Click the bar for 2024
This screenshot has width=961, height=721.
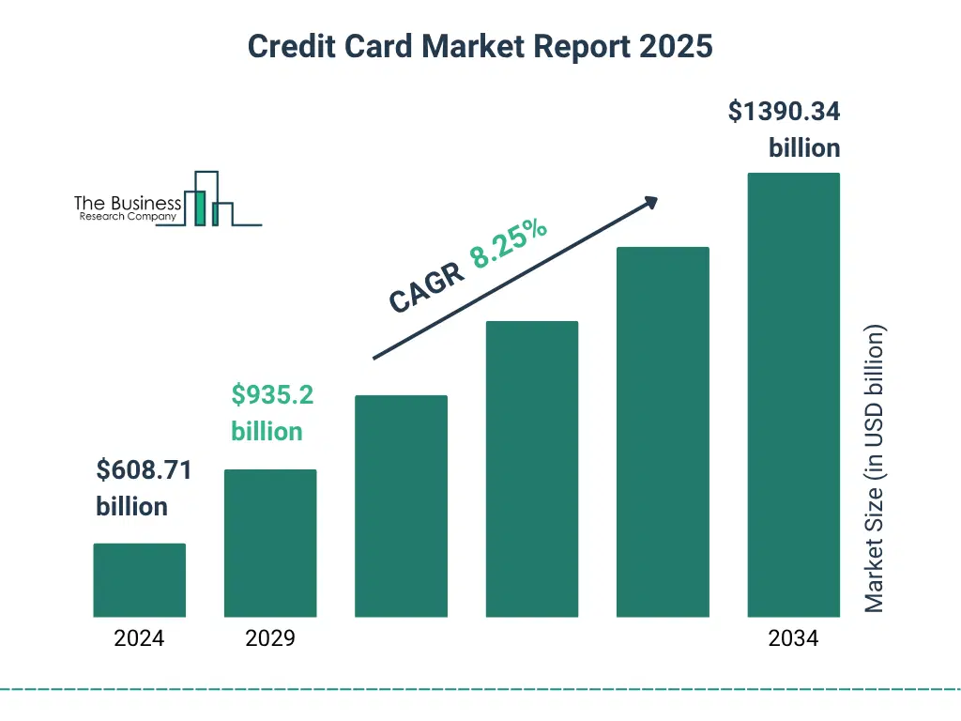[x=139, y=580]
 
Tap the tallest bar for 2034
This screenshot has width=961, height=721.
[x=793, y=394]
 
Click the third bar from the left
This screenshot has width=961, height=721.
[x=401, y=506]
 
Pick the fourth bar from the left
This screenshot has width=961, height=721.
[x=531, y=468]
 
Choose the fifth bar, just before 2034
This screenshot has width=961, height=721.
[x=663, y=432]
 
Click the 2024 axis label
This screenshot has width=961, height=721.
[x=139, y=639]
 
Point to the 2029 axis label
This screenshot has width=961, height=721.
[x=270, y=639]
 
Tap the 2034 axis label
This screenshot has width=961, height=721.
[x=793, y=639]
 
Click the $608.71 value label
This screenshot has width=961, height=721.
[x=144, y=470]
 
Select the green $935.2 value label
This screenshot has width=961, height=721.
[x=272, y=395]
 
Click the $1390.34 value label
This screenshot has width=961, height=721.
[x=785, y=113]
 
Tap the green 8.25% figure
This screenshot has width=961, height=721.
[x=509, y=247]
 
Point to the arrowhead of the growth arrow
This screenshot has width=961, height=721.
[x=651, y=201]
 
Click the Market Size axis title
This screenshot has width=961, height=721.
[x=874, y=468]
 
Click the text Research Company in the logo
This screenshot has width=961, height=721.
[x=128, y=217]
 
